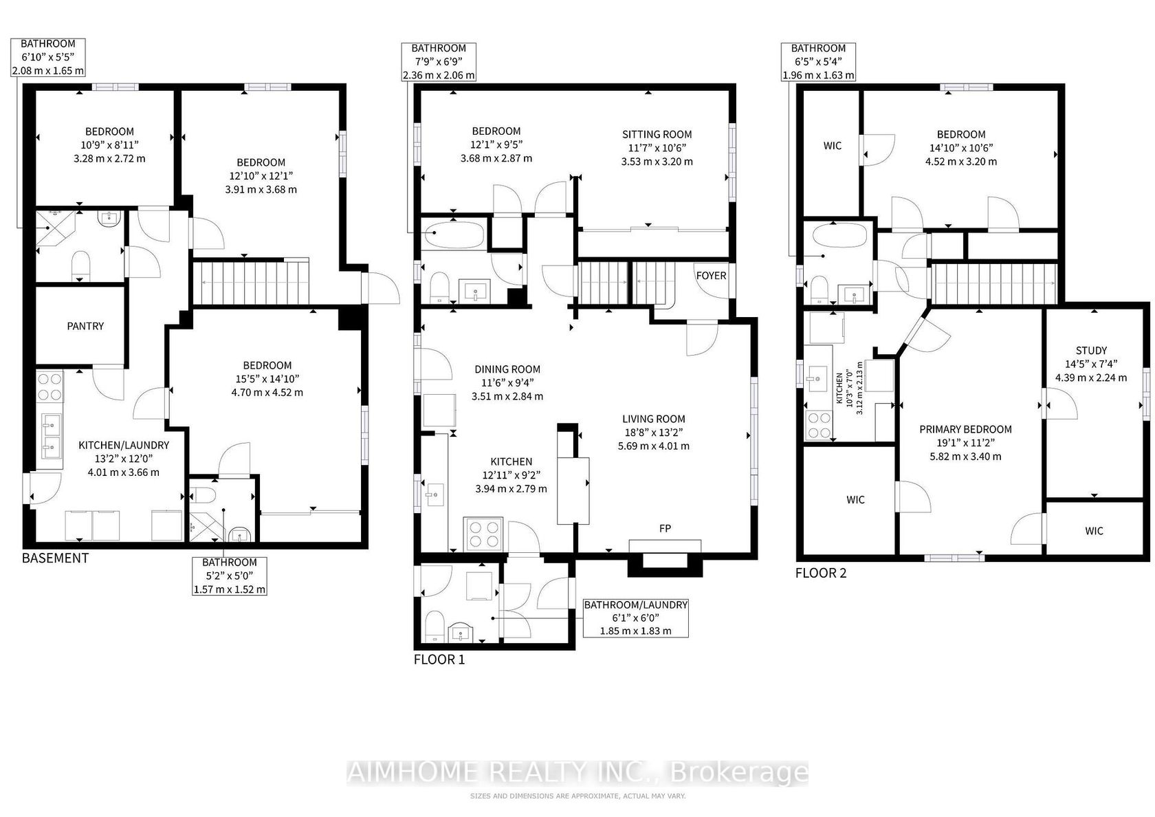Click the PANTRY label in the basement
coord(85,326)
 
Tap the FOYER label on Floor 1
coord(711,275)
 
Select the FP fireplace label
coord(665,528)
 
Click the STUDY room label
coord(1091,350)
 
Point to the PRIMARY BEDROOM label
coord(965,429)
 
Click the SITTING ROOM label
coord(657,135)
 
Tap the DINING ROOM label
coord(507,369)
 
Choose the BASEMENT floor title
coord(55,558)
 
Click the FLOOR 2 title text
coord(821,573)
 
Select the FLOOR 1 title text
coord(439,660)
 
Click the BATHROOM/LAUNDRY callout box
coord(636,618)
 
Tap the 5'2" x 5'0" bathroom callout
coord(230,576)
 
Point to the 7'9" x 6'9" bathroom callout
coord(439,62)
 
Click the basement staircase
coord(250,283)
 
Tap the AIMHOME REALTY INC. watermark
coord(577,773)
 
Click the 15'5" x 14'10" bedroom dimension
coord(267,379)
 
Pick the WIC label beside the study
coord(1094,531)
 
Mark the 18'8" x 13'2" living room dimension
coord(653,433)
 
